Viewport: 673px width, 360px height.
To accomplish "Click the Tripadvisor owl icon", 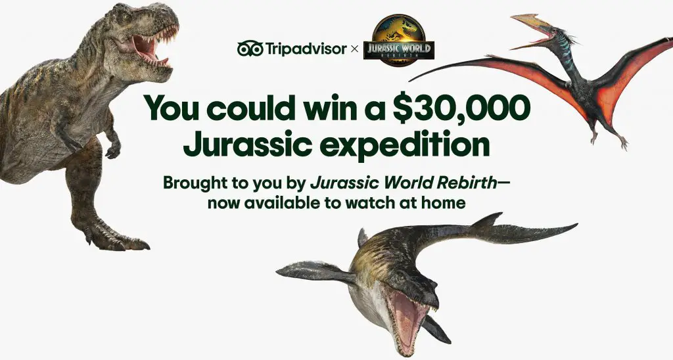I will click(250, 49).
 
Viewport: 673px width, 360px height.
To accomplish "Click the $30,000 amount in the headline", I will click(464, 106).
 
